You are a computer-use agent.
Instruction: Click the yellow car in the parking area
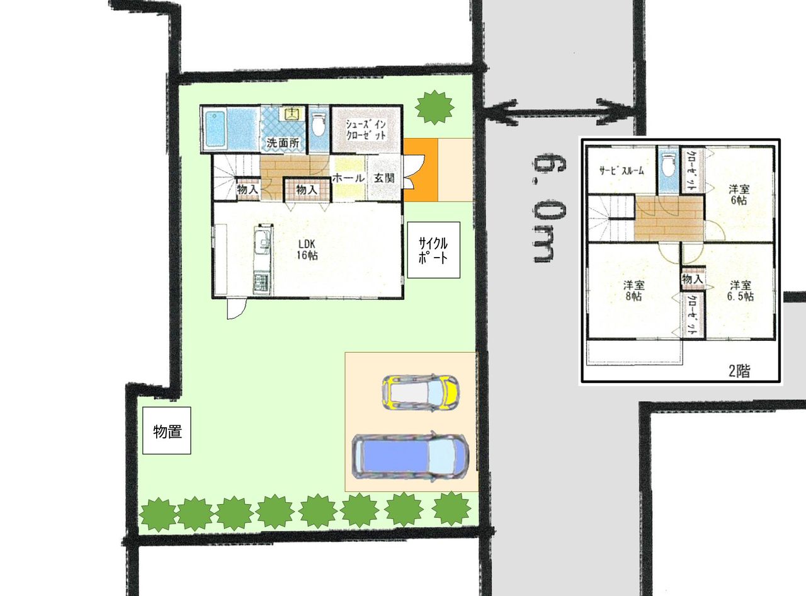(421, 393)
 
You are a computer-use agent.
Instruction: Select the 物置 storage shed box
(166, 430)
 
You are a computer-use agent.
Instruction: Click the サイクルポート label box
(433, 250)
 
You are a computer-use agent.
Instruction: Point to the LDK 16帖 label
(307, 249)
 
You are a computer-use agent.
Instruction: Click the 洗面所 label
(283, 142)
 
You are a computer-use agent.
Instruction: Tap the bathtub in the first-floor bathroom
(216, 129)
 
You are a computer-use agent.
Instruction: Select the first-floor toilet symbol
(319, 124)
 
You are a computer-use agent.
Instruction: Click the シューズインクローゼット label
(366, 129)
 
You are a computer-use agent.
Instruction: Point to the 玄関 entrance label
(384, 178)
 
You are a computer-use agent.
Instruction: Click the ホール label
(348, 178)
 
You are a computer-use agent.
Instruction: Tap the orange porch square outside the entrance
(421, 169)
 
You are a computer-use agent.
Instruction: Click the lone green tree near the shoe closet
(434, 107)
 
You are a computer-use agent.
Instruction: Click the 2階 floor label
(739, 371)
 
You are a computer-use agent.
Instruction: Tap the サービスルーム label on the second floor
(622, 171)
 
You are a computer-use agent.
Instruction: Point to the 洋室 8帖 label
(633, 290)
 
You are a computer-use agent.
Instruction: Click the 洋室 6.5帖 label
(741, 290)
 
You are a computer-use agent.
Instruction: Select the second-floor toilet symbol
(669, 166)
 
